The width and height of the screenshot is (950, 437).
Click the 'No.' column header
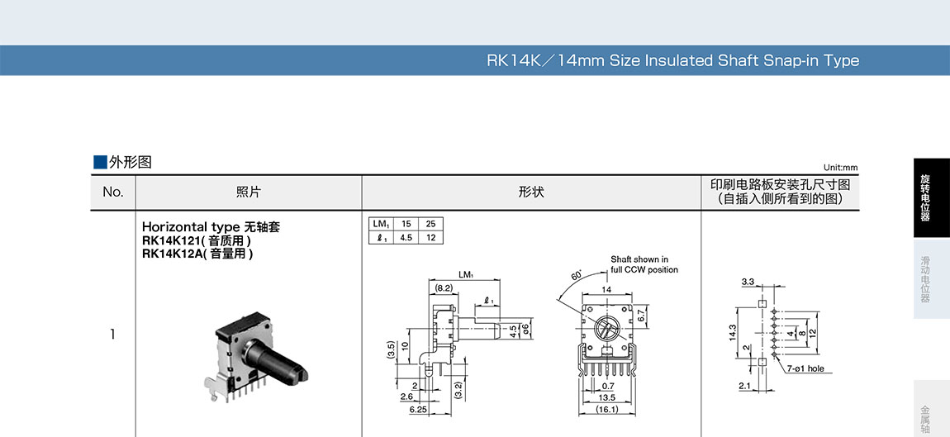coord(113,192)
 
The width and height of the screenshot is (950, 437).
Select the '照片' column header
coord(248,192)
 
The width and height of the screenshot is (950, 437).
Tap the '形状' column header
coord(531,192)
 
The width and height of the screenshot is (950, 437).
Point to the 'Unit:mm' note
coord(840,168)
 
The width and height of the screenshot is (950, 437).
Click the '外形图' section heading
coord(130,162)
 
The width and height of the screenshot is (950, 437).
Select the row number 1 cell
coord(113,335)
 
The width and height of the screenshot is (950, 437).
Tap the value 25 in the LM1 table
coord(430,224)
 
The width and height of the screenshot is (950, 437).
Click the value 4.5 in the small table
coord(406,238)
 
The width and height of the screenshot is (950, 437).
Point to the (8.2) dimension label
coord(444,287)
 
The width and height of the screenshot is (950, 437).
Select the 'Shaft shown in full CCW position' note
coord(644,264)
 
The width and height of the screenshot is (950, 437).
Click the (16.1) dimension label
coord(607,409)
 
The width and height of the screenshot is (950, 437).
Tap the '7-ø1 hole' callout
coord(805,369)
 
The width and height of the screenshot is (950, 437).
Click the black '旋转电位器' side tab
coord(925,197)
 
